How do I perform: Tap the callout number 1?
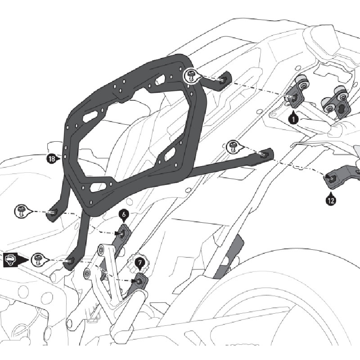pos(293,119)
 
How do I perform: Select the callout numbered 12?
pos(331,200)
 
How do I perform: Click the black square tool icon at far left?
pos(11,259)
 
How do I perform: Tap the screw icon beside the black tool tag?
pos(38,259)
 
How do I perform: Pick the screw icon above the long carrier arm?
pos(233,145)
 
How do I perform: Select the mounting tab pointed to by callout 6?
pos(123,234)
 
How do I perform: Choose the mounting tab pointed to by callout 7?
pos(140,280)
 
